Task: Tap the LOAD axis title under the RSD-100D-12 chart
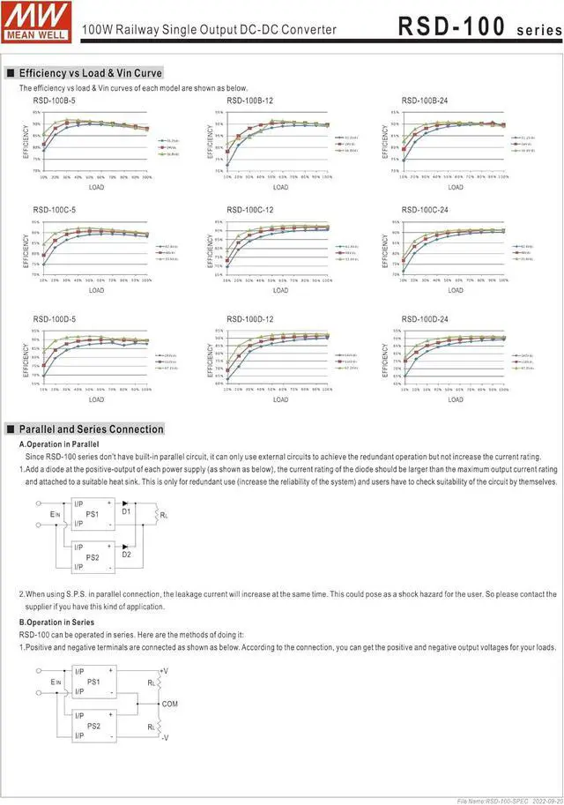[279, 399]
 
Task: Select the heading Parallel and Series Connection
[91, 429]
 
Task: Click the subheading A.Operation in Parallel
[59, 444]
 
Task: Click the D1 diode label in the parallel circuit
[126, 511]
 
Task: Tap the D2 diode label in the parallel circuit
[126, 555]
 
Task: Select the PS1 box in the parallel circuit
[92, 513]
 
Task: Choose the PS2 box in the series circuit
[92, 725]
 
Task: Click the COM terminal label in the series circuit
[170, 704]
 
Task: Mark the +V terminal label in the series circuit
[166, 671]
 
